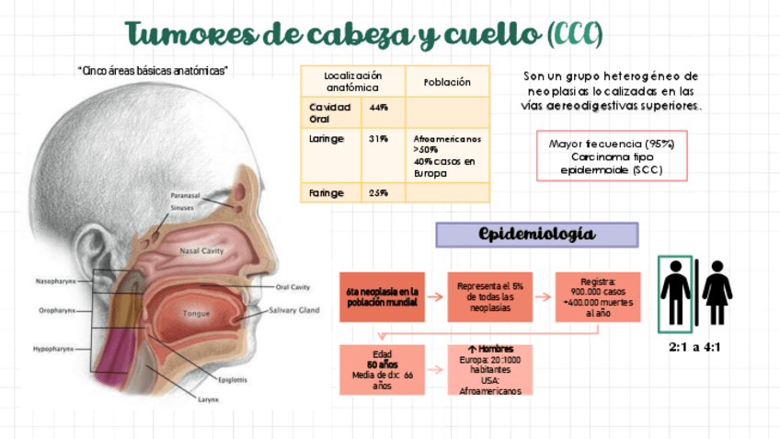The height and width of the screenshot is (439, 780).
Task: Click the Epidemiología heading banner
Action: tap(537, 235)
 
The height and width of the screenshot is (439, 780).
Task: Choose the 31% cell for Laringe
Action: tap(378, 139)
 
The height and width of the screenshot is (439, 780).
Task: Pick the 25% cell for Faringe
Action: tap(378, 192)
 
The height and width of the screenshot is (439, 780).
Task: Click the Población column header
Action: tap(447, 82)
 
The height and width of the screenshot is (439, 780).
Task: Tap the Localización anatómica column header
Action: tap(352, 81)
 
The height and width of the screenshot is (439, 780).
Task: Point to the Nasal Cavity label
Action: tap(202, 250)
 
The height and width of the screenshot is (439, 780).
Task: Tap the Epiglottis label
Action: tap(230, 379)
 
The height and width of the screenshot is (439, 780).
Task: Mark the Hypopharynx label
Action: tap(54, 350)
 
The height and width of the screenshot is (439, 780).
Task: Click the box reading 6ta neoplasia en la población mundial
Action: tap(382, 297)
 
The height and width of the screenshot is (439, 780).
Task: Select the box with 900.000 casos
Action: tap(597, 297)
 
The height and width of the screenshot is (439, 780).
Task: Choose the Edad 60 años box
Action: tap(382, 369)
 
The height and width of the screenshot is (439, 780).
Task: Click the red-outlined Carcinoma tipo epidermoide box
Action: tap(612, 156)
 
